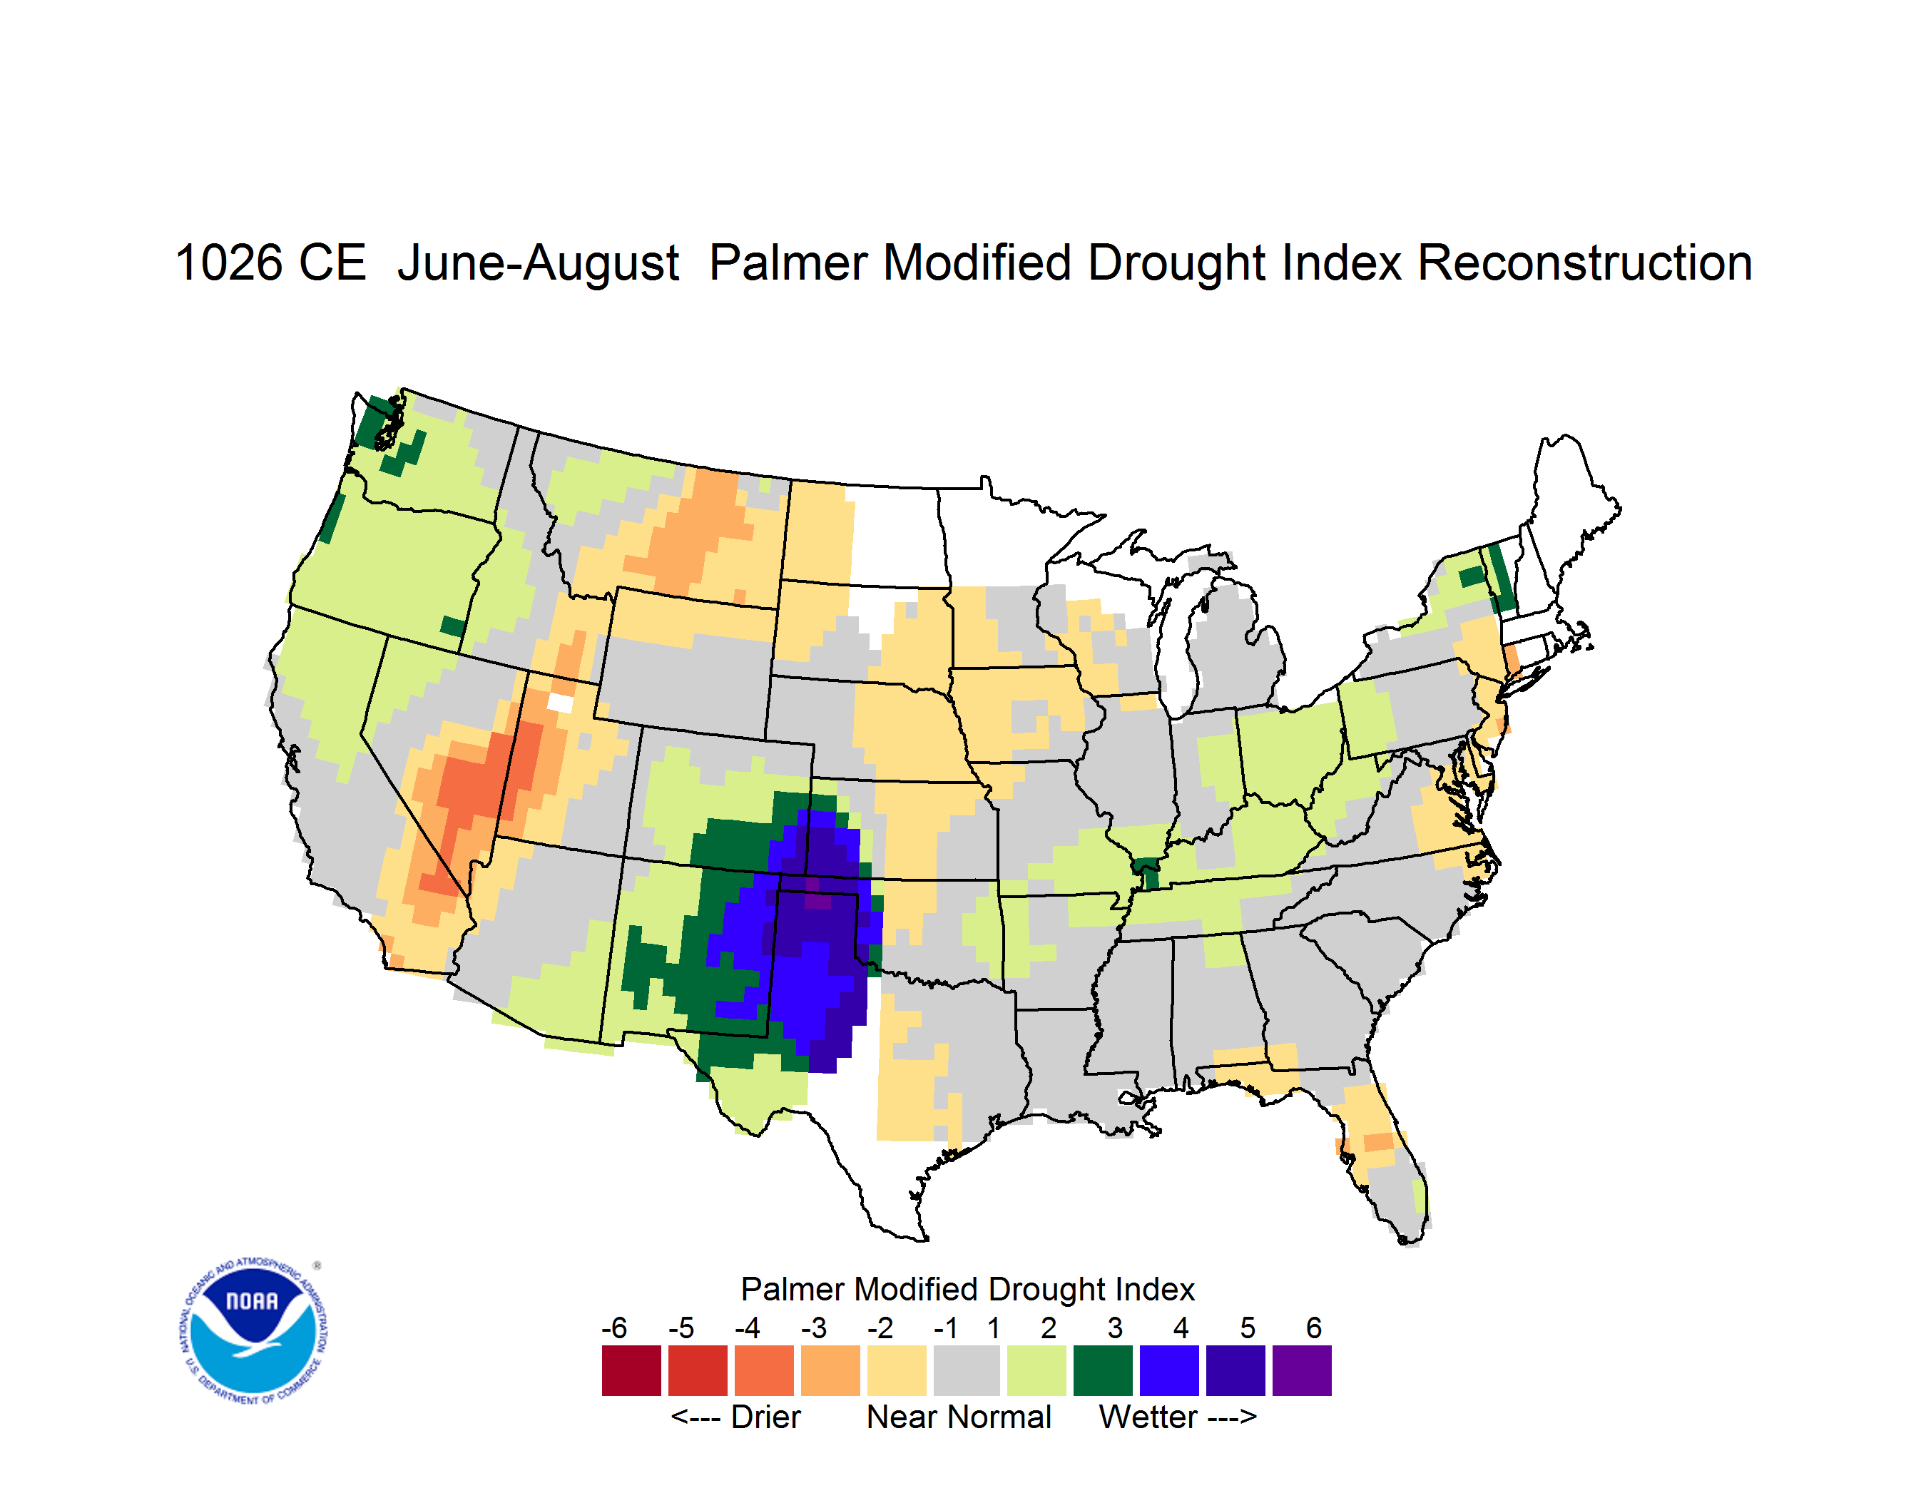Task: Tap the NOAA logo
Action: [x=253, y=1330]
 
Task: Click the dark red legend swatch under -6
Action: [x=631, y=1370]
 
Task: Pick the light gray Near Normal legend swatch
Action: [x=967, y=1370]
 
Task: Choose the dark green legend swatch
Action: [x=1102, y=1370]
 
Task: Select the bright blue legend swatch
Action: [x=1168, y=1370]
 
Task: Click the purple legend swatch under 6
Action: [x=1302, y=1370]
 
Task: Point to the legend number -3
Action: [x=813, y=1328]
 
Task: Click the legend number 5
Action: [x=1247, y=1328]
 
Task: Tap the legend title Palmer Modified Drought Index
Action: [x=967, y=1289]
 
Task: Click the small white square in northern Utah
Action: [x=560, y=703]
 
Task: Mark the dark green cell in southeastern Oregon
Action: [x=452, y=626]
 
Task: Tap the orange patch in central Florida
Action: [x=1378, y=1142]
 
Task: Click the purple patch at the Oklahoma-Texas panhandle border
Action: [x=817, y=899]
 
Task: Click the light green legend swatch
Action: [x=1036, y=1370]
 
